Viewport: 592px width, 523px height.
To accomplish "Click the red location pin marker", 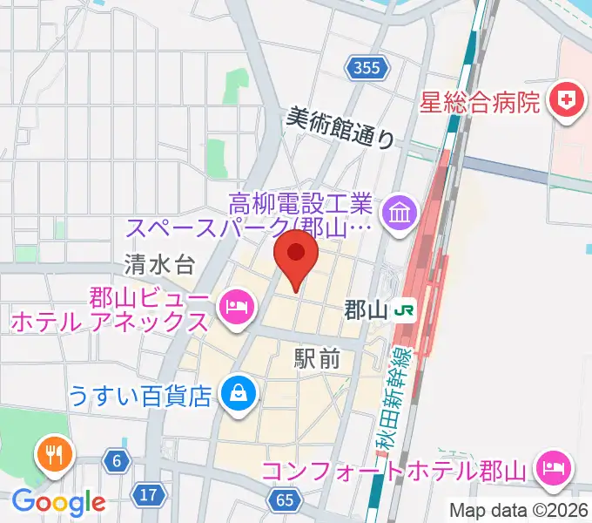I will (x=295, y=259).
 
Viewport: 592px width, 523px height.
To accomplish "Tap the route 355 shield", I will (x=366, y=68).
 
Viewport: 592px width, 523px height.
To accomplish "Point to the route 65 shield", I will (x=285, y=499).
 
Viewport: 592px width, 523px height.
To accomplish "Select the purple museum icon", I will (x=401, y=213).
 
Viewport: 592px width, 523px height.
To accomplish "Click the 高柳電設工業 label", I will (x=300, y=206).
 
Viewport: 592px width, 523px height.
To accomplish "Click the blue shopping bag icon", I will (x=236, y=395).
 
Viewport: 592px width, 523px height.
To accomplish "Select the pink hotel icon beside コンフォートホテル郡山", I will (x=552, y=470).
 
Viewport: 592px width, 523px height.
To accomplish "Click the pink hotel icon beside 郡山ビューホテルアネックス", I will (x=235, y=307).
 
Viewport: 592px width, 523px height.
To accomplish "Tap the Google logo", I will (x=58, y=502).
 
